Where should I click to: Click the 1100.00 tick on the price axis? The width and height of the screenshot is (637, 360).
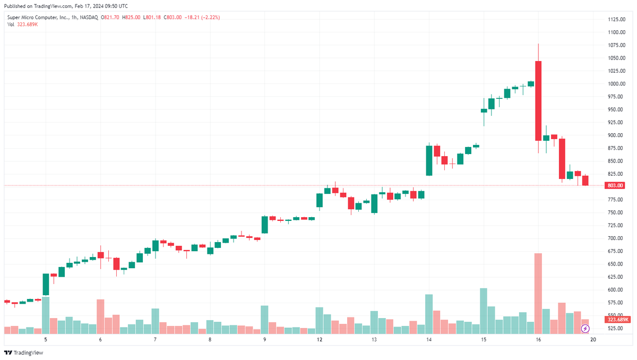tap(616, 32)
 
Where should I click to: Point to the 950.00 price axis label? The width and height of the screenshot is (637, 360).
tap(615, 109)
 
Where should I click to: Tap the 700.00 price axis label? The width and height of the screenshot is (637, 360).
tap(615, 238)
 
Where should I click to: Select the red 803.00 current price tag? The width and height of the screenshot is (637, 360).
tap(616, 185)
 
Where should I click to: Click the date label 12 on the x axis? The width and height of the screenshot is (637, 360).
tap(319, 339)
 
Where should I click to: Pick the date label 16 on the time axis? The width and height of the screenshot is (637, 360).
tap(538, 339)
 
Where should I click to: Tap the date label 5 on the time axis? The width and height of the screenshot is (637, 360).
tap(46, 339)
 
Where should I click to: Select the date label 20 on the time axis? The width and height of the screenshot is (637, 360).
tap(592, 339)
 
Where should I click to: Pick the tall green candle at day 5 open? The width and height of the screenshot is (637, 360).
tap(46, 284)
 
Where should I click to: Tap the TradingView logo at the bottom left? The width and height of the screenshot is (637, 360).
tap(24, 353)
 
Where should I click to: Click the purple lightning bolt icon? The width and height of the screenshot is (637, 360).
tap(586, 329)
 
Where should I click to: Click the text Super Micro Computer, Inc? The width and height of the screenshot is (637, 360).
tap(37, 18)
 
